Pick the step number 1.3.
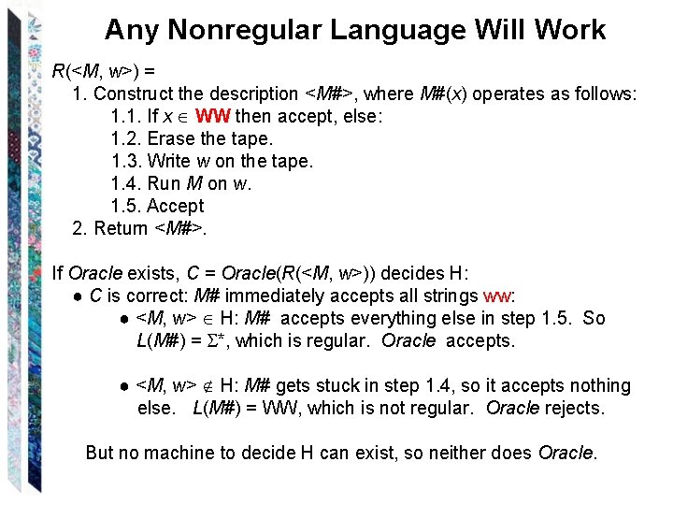[125, 161]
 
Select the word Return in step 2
[121, 228]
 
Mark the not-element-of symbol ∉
[208, 386]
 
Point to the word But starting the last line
[100, 453]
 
